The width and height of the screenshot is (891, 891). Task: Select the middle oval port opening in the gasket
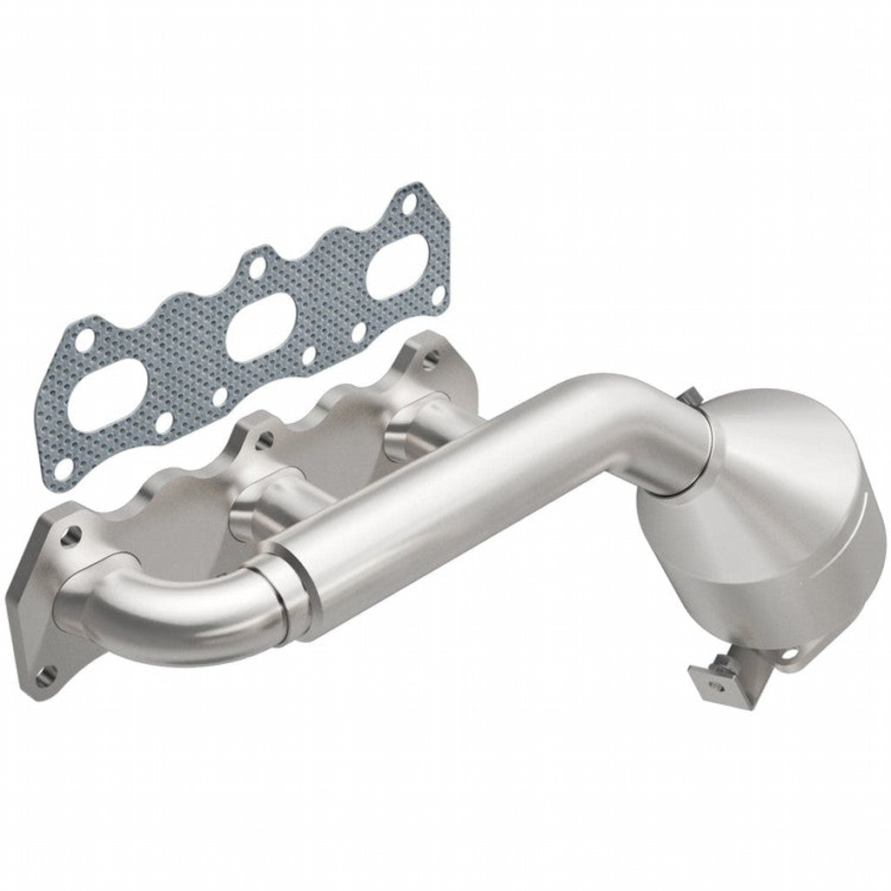pos(261,324)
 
